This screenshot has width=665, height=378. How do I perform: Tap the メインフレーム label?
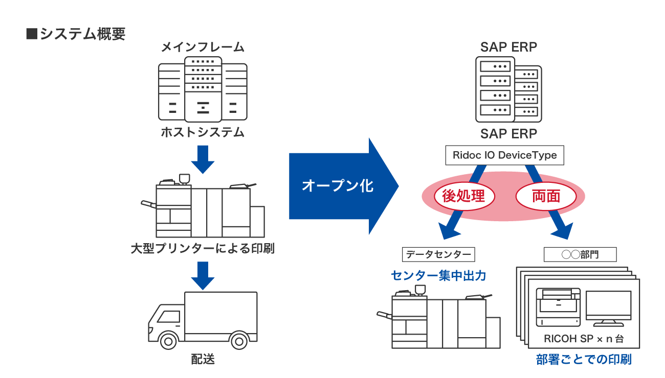tap(203, 48)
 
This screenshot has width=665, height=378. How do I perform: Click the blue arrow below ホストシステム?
tap(203, 160)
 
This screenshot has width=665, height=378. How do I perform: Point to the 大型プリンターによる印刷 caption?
tap(203, 249)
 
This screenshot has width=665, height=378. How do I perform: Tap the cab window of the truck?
tap(168, 317)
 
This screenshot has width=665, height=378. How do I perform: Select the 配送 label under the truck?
tap(203, 359)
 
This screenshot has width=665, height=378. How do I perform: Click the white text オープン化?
tap(338, 186)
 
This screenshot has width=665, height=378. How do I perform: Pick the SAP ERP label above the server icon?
tap(508, 48)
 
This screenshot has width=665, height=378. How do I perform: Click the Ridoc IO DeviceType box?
tap(504, 155)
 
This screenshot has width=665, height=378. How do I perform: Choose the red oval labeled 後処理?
tap(463, 196)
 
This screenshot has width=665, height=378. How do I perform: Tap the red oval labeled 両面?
tap(546, 196)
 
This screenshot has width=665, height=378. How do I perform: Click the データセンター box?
tap(438, 254)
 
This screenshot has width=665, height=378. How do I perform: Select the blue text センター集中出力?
tap(438, 276)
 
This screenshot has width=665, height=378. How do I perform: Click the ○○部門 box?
tap(580, 254)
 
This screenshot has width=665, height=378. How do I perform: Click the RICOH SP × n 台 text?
tap(584, 339)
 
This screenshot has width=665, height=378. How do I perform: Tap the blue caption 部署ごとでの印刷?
tap(584, 360)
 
